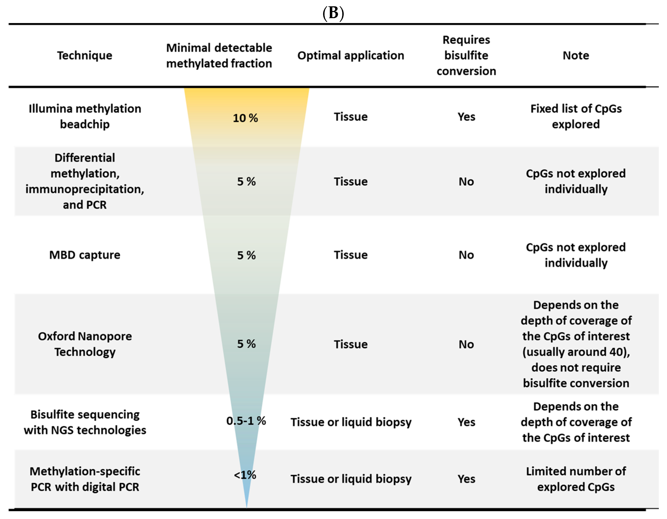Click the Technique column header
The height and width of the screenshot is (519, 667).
pyautogui.click(x=85, y=56)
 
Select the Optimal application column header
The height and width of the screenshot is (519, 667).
pyautogui.click(x=351, y=56)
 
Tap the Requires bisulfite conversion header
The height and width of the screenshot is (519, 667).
pyautogui.click(x=466, y=56)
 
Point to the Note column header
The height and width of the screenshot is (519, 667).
pyautogui.click(x=576, y=56)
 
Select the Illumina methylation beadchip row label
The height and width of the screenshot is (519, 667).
pyautogui.click(x=85, y=116)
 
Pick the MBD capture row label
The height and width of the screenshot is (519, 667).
pyautogui.click(x=85, y=255)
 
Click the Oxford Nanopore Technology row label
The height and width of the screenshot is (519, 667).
pyautogui.click(x=85, y=344)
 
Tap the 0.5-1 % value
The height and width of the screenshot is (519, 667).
pyautogui.click(x=246, y=421)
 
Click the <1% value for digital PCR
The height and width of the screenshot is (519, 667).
pyautogui.click(x=245, y=475)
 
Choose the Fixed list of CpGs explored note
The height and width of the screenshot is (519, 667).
pyautogui.click(x=576, y=116)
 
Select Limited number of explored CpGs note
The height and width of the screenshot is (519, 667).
pyautogui.click(x=576, y=479)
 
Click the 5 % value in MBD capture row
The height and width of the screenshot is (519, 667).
pyautogui.click(x=246, y=255)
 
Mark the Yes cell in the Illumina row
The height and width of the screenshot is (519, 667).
pyautogui.click(x=466, y=117)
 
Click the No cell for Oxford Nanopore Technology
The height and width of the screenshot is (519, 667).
pyautogui.click(x=466, y=344)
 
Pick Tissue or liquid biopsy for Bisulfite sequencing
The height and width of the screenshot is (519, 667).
pyautogui.click(x=351, y=422)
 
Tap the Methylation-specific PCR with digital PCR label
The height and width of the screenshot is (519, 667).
pyautogui.click(x=85, y=479)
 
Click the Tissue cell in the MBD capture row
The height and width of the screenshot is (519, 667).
pyautogui.click(x=351, y=255)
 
